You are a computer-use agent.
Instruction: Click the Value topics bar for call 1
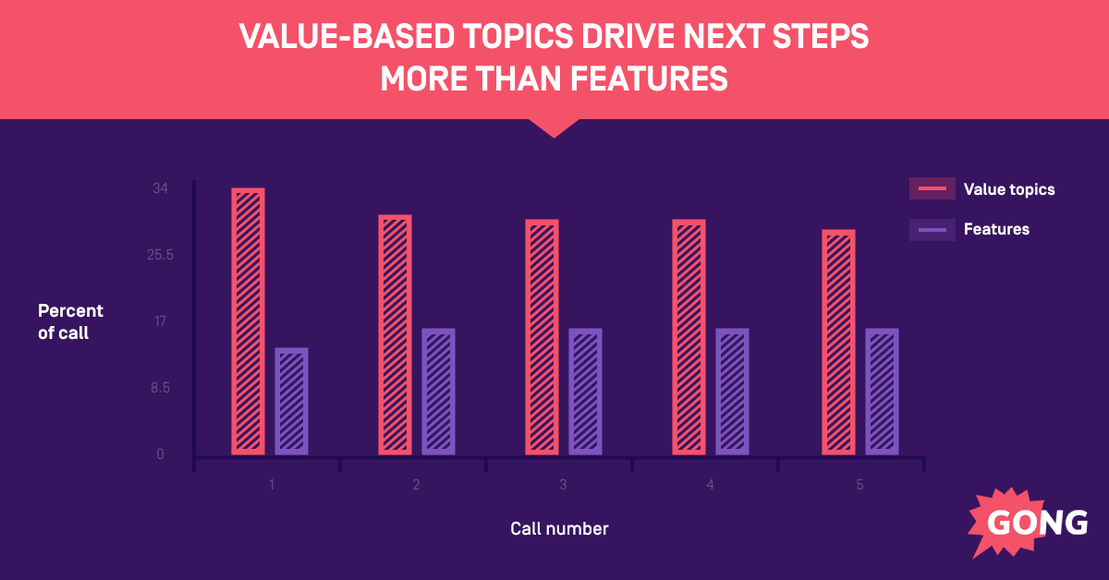pos(248,321)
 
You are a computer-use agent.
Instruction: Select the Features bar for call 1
pos(291,401)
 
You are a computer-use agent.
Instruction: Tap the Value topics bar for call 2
pos(395,334)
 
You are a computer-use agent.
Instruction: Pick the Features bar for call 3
pos(585,392)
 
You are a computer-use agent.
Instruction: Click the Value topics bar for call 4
pos(689,337)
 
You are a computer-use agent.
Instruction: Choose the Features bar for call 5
pos(882,392)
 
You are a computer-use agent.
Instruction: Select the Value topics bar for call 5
pos(838,342)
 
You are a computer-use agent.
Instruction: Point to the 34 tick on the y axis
pos(160,188)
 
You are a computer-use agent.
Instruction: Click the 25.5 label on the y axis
pos(160,255)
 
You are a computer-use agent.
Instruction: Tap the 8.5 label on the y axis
pos(160,388)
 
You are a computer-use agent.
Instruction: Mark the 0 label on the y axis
pos(160,454)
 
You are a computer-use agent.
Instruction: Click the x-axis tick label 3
pos(563,485)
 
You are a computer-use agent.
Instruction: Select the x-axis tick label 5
pos(859,485)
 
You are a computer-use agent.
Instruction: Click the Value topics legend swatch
pos(932,188)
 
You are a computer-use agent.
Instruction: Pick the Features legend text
pos(996,229)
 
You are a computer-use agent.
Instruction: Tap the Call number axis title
pos(559,529)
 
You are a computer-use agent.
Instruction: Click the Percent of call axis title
pos(70,321)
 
